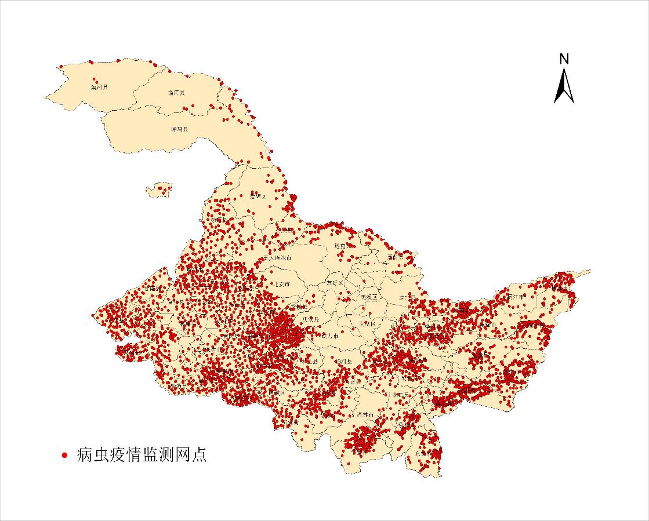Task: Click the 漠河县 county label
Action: (99, 88)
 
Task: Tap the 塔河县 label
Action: (176, 92)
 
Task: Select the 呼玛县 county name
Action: (179, 129)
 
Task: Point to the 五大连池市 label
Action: (277, 257)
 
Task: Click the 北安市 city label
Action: (281, 285)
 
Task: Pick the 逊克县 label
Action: (343, 246)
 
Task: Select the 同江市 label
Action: (515, 296)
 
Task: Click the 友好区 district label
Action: (335, 283)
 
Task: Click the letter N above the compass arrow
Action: (564, 59)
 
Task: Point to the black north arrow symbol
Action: (564, 86)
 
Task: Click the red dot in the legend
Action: (65, 456)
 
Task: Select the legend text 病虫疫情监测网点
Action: (141, 455)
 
